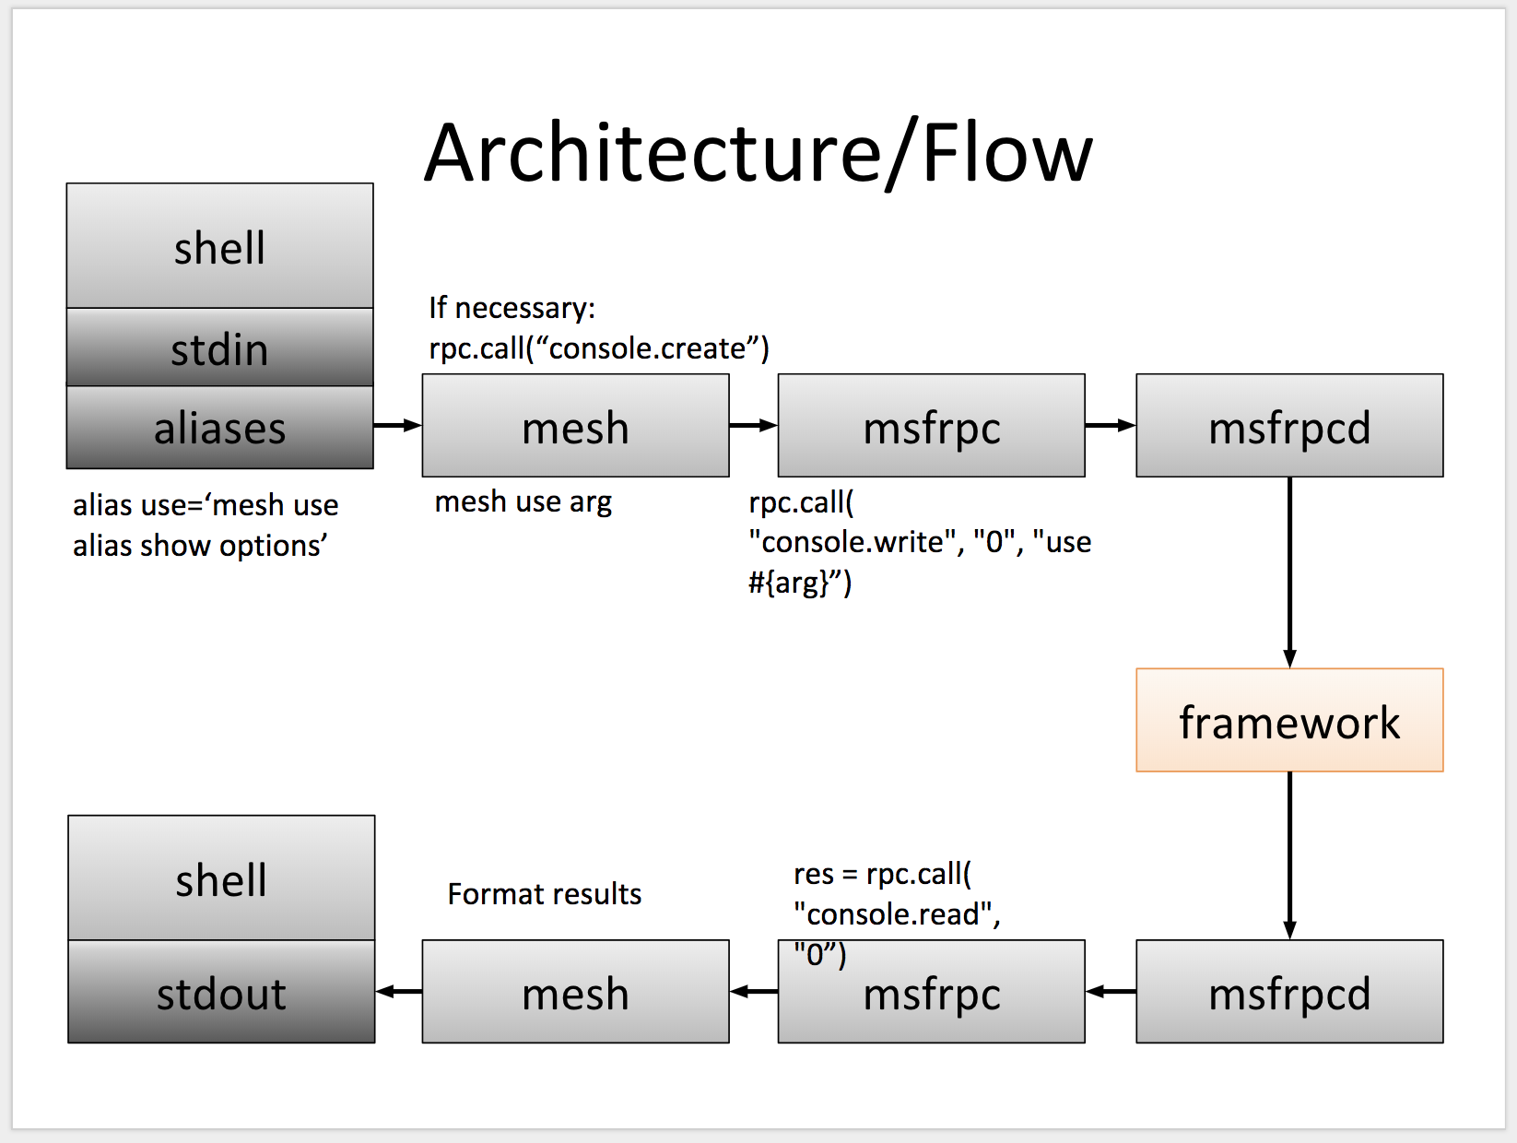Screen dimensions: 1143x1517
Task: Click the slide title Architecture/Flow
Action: click(x=758, y=153)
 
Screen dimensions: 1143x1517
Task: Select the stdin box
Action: click(x=219, y=348)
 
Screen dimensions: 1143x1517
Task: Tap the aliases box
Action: click(x=219, y=428)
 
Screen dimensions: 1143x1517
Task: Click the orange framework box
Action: click(x=1288, y=721)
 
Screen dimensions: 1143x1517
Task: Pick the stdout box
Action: click(x=221, y=993)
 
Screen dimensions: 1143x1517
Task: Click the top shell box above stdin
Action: click(x=219, y=247)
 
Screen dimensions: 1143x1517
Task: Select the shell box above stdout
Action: click(x=221, y=878)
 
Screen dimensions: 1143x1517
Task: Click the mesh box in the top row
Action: click(x=575, y=426)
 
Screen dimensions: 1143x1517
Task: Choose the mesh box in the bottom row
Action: click(x=575, y=993)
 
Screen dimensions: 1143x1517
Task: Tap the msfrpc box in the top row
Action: click(x=931, y=426)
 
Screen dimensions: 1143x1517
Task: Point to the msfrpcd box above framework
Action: click(x=1288, y=426)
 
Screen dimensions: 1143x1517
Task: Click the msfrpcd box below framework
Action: click(x=1288, y=993)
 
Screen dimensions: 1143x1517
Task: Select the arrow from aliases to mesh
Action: click(x=397, y=425)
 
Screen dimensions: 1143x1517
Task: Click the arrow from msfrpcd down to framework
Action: click(x=1288, y=571)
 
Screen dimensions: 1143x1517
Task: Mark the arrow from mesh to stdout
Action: click(x=399, y=991)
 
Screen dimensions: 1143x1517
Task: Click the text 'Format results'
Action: click(x=544, y=894)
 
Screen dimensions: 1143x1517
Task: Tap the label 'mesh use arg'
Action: click(x=523, y=502)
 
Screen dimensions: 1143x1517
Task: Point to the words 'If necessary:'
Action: click(x=512, y=308)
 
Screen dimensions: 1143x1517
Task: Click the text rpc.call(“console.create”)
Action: click(x=598, y=348)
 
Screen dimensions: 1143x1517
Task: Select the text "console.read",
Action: click(x=897, y=914)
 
